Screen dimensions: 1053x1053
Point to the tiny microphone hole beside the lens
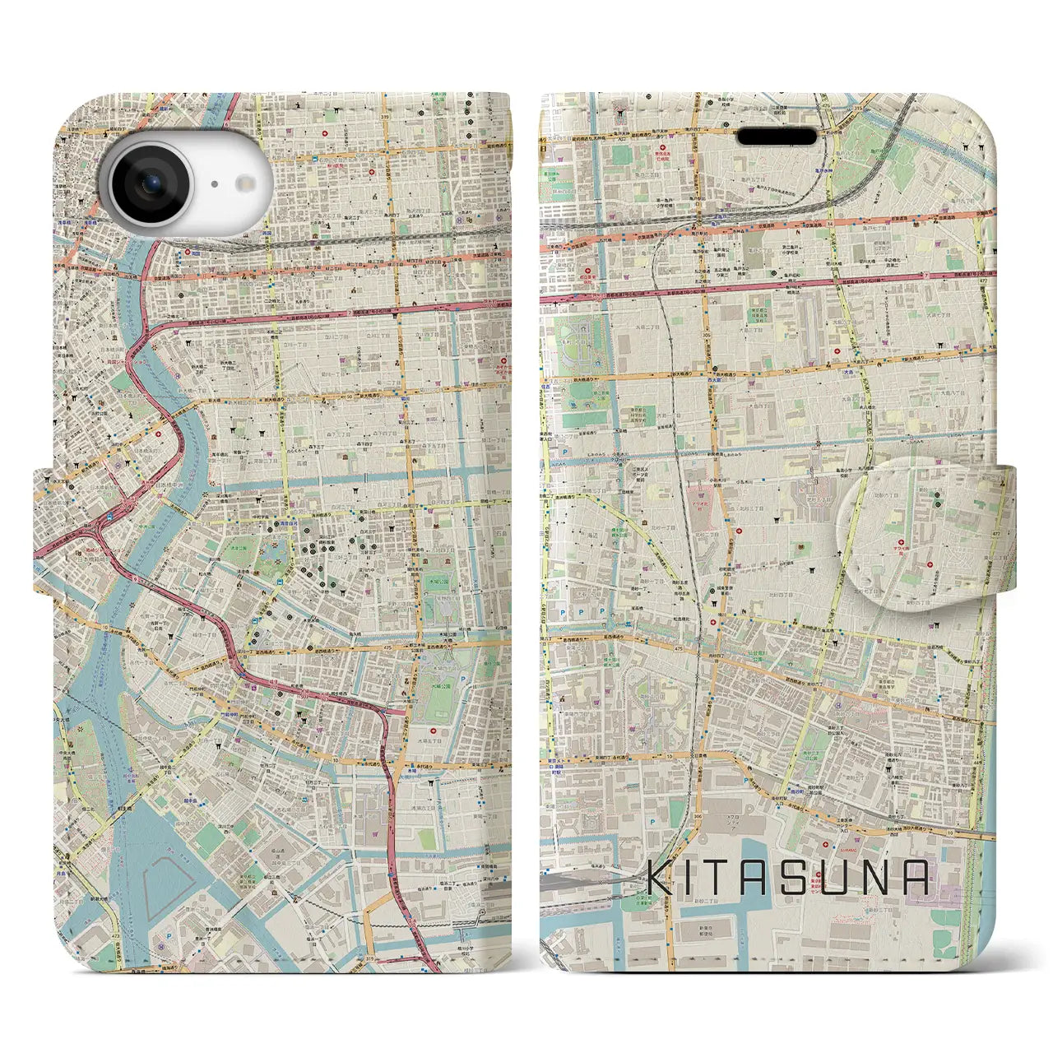[x=213, y=185]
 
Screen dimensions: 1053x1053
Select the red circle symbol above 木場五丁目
[x=434, y=731]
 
